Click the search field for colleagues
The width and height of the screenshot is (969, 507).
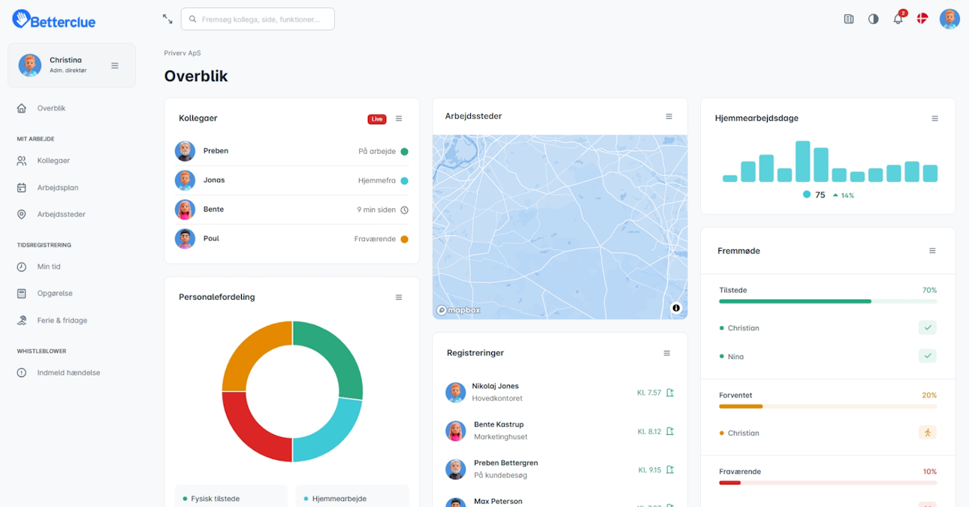point(258,20)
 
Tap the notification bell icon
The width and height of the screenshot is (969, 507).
point(898,20)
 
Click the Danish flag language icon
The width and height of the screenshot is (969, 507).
point(922,19)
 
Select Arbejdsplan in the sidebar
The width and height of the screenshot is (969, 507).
point(58,188)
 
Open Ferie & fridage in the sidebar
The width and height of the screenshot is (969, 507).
point(62,320)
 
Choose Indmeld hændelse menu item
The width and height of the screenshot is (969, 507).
point(68,373)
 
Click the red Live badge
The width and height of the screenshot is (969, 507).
point(376,119)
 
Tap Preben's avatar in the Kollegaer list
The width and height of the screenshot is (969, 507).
point(185,151)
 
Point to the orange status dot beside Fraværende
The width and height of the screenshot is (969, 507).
point(404,240)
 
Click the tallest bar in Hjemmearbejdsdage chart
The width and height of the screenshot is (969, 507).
point(803,161)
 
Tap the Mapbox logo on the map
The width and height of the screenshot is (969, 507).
point(459,310)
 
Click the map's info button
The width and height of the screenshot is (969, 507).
point(676,308)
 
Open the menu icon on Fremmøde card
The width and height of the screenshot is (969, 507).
point(932,251)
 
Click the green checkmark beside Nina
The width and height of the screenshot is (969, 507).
point(927,356)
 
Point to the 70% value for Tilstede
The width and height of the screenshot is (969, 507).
point(929,290)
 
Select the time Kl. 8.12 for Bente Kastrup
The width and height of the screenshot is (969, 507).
point(649,432)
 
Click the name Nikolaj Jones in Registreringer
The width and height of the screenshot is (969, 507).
point(495,386)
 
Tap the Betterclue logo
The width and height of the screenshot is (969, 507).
point(54,20)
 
